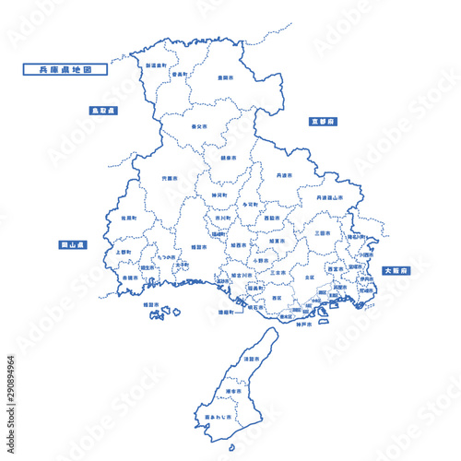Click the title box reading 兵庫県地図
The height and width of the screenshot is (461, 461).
point(64,68)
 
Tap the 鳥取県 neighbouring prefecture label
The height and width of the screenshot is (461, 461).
point(103,110)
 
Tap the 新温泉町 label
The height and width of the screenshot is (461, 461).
point(156,66)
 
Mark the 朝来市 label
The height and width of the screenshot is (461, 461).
point(227,157)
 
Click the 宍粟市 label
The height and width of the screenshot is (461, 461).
point(170,178)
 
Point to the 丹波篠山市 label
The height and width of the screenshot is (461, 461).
point(330,197)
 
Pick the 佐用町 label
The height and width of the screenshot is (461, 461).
point(128,219)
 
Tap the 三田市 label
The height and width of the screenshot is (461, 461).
point(321,232)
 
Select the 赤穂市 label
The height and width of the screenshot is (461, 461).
point(130,277)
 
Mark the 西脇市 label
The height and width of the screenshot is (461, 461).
point(271,219)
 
